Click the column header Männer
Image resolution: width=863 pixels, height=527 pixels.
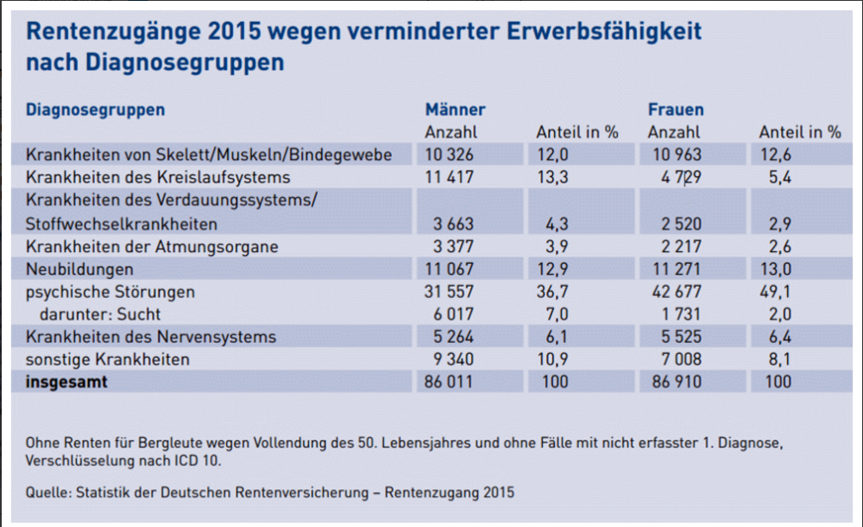pyautogui.click(x=455, y=110)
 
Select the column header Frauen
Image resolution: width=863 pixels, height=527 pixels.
pyautogui.click(x=676, y=110)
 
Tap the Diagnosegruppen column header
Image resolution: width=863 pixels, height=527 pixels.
pyautogui.click(x=95, y=110)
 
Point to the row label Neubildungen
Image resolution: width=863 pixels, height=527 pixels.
pyautogui.click(x=80, y=270)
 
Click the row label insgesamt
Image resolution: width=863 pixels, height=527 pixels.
pyautogui.click(x=67, y=382)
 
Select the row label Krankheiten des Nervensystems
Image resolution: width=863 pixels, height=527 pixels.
pyautogui.click(x=151, y=337)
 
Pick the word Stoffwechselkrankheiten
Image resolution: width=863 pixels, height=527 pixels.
pyautogui.click(x=122, y=225)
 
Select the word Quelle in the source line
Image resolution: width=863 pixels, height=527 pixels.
pyautogui.click(x=48, y=493)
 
